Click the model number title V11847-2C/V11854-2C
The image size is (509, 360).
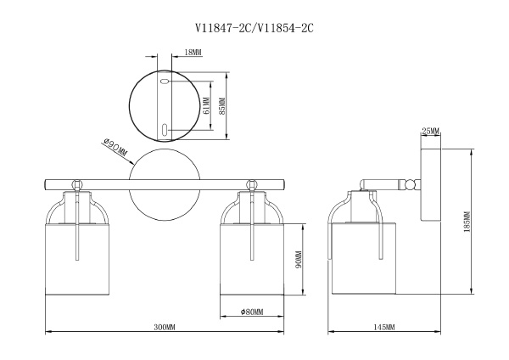click(x=255, y=28)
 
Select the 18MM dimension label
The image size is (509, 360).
click(x=193, y=52)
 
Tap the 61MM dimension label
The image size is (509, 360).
click(x=206, y=105)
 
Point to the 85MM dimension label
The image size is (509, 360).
click(x=222, y=106)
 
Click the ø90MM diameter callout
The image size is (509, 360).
click(x=115, y=147)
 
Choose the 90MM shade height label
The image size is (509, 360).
click(x=299, y=259)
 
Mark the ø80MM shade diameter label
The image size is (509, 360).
click(x=252, y=312)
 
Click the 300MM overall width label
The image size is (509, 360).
click(x=165, y=327)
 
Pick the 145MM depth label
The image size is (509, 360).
click(x=384, y=327)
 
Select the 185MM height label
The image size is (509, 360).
click(x=467, y=222)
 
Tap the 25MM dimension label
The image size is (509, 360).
click(x=430, y=132)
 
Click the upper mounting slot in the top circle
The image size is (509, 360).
click(x=165, y=82)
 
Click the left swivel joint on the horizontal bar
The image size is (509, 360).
click(x=77, y=184)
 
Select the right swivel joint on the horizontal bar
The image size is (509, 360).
click(x=252, y=184)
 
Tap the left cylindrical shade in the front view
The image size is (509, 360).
click(x=77, y=259)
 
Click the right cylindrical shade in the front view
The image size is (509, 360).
click(x=252, y=259)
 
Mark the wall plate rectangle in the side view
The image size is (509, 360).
click(x=431, y=185)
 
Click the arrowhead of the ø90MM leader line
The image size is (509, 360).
click(x=131, y=163)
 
